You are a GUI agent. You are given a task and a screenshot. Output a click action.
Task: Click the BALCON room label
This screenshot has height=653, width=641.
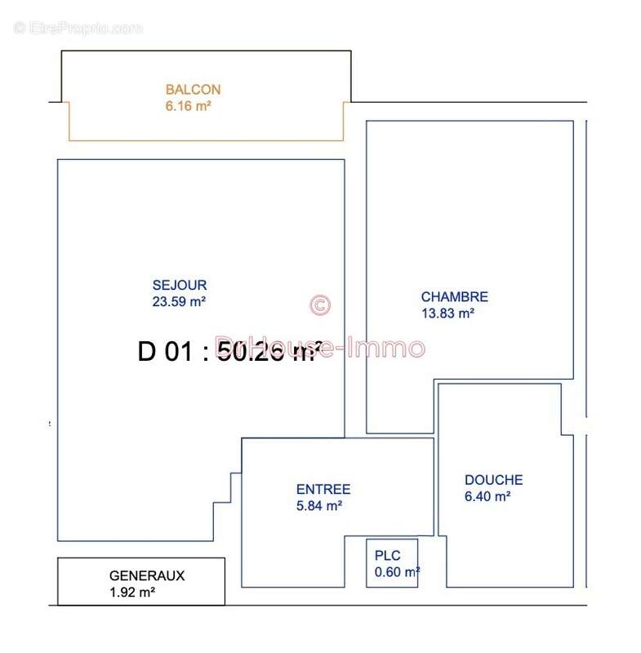[x=193, y=90]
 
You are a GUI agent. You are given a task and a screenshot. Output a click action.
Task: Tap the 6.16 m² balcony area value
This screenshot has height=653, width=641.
[x=188, y=106]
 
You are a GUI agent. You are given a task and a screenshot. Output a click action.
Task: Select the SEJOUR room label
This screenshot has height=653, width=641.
[x=180, y=285]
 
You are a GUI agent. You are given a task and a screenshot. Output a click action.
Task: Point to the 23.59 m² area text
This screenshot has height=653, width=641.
[x=179, y=300]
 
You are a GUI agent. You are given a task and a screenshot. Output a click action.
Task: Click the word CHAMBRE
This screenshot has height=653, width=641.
[x=454, y=297]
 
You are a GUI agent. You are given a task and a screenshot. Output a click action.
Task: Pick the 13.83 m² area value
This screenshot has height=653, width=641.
[x=447, y=313]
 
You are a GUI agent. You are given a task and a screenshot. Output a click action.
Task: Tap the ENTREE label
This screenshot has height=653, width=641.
[x=323, y=490]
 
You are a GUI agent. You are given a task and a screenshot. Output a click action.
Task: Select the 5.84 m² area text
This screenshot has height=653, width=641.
[x=318, y=505]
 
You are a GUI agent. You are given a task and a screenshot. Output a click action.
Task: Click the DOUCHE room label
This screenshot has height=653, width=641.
[x=493, y=480]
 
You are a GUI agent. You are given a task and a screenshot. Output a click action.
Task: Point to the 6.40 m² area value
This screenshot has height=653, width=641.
[x=487, y=495]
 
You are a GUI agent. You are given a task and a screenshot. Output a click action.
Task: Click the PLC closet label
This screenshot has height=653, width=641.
[x=388, y=556]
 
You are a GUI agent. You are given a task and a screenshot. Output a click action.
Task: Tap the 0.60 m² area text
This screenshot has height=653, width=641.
[x=397, y=572]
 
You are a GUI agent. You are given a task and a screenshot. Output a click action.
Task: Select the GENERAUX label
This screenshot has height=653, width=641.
[x=147, y=575]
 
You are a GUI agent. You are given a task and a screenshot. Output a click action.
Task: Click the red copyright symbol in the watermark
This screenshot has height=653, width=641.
[x=320, y=305]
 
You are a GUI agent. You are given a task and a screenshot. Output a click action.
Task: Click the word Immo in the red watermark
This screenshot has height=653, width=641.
[x=387, y=348]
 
